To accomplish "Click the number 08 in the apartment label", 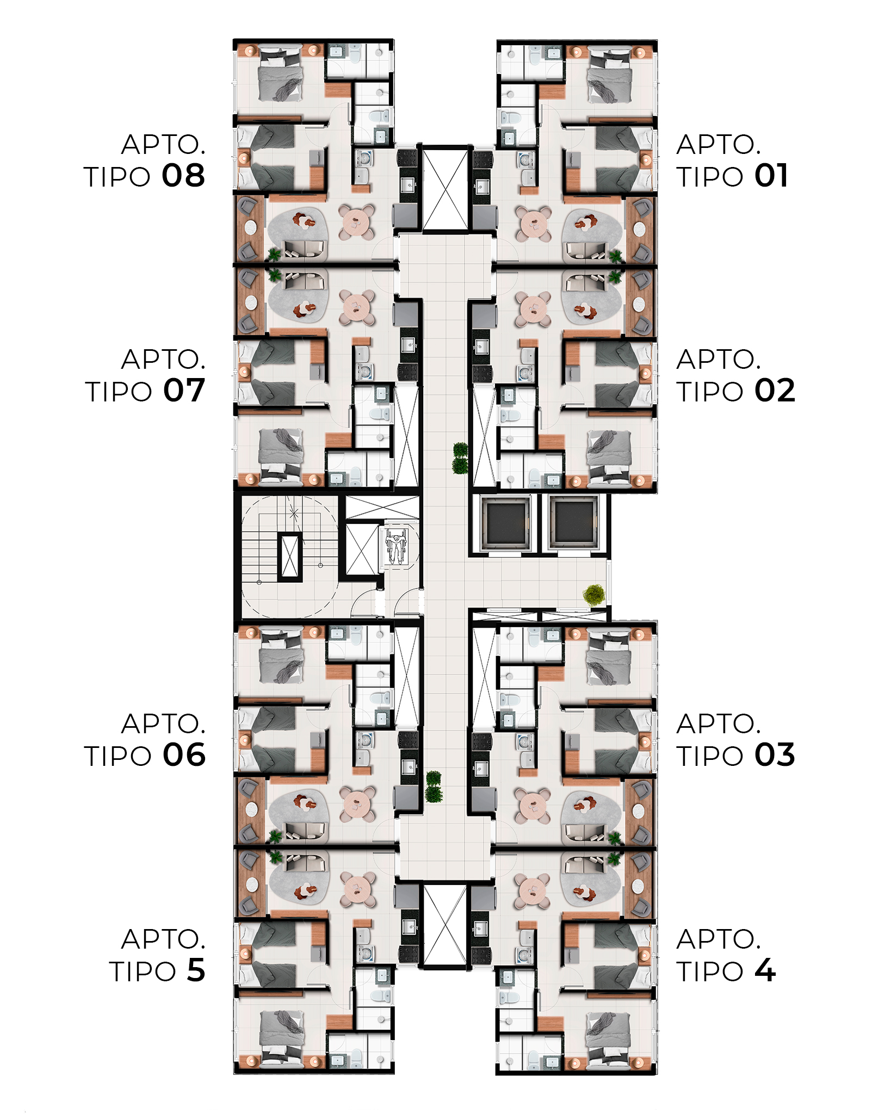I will pyautogui.click(x=183, y=176).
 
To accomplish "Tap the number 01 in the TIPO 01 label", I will pyautogui.click(x=771, y=176).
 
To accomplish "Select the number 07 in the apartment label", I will pyautogui.click(x=184, y=391).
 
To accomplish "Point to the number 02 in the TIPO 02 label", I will pyautogui.click(x=775, y=391).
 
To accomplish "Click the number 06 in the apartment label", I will pyautogui.click(x=184, y=755).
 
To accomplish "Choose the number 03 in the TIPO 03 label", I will pyautogui.click(x=775, y=755).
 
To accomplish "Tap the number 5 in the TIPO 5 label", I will pyautogui.click(x=196, y=970).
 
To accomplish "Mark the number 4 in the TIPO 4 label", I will pyautogui.click(x=765, y=970).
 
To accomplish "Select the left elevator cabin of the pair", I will pyautogui.click(x=505, y=523).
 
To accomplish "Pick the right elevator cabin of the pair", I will pyautogui.click(x=573, y=523).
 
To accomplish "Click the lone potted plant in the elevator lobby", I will pyautogui.click(x=594, y=595).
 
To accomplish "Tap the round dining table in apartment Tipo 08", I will pyautogui.click(x=356, y=222).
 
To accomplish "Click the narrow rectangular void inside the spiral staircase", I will pyautogui.click(x=289, y=556).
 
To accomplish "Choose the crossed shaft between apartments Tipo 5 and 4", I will pyautogui.click(x=445, y=926).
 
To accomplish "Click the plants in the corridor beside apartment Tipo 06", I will pyautogui.click(x=434, y=787).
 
